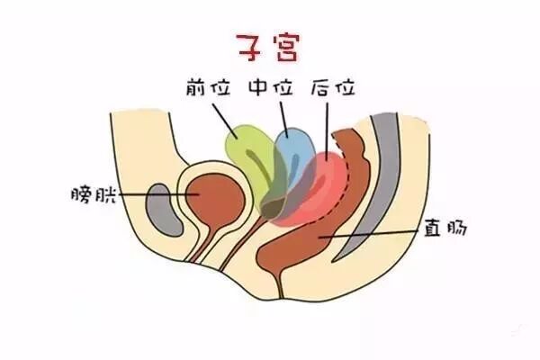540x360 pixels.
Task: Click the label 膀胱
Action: (93, 194)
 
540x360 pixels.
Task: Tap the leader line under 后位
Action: (328, 126)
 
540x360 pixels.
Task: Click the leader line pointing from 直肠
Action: (378, 233)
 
